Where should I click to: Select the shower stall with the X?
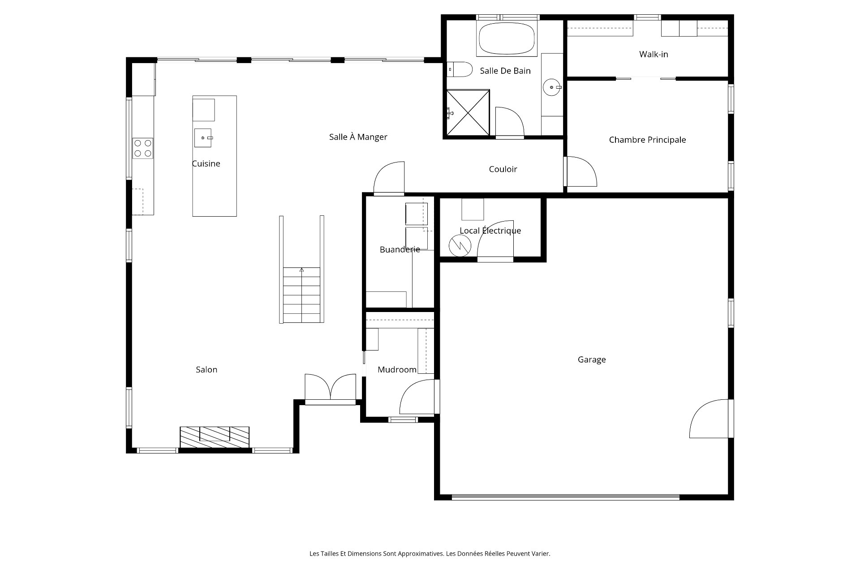click(468, 112)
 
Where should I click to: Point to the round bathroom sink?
click(552, 87)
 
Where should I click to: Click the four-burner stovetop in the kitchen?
click(143, 148)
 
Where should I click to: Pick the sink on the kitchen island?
click(203, 138)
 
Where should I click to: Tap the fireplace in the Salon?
click(215, 437)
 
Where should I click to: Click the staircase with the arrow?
click(301, 295)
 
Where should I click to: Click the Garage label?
click(592, 359)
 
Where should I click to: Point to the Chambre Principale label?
click(647, 140)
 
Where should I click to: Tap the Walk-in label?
click(654, 54)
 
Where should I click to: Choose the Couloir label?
click(503, 169)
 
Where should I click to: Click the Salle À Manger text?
click(358, 137)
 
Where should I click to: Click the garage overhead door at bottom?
click(565, 496)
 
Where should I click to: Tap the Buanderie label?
click(400, 249)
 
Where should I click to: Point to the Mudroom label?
click(397, 369)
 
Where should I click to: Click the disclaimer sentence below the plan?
click(430, 554)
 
